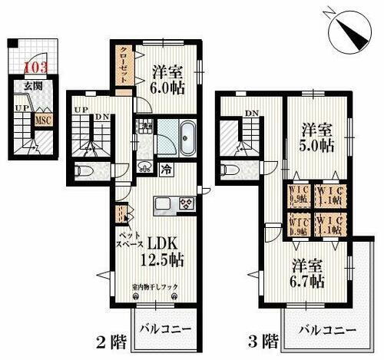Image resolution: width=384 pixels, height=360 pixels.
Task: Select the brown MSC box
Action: [45, 120]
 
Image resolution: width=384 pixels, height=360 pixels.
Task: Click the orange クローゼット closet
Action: [123, 65]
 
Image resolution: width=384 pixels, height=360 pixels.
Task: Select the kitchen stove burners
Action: [187, 203]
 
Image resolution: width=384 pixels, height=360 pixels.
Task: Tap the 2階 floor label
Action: [112, 339]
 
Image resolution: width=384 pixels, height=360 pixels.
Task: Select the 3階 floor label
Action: [257, 339]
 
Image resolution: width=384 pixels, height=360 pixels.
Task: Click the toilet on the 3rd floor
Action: [228, 170]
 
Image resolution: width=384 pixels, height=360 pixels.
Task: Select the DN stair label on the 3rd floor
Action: [250, 113]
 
